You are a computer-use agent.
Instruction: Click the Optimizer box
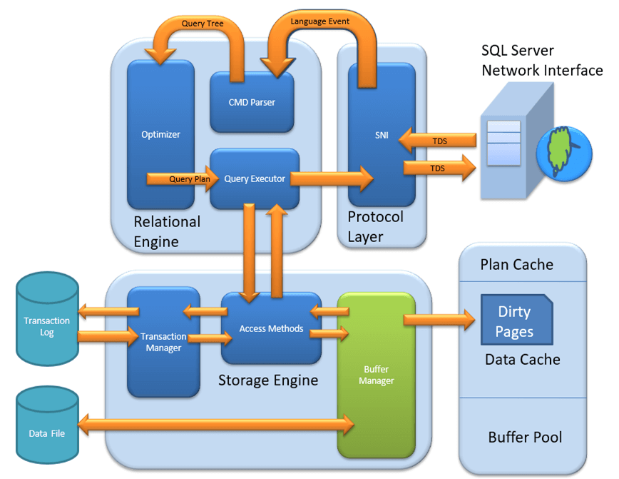pos(160,134)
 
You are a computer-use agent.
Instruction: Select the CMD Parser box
pos(251,102)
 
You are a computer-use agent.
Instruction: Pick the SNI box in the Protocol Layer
pos(382,135)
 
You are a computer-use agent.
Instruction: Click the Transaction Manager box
pos(163,342)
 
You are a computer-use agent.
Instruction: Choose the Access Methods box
pos(271,328)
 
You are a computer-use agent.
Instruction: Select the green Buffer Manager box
pos(376,375)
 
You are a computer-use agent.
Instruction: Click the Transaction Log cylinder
pos(47,326)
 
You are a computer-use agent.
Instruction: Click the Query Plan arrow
pos(181,178)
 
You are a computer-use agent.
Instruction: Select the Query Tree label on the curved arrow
pos(203,24)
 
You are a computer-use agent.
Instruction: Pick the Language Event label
pos(320,21)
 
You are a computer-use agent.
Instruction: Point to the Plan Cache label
pos(516,264)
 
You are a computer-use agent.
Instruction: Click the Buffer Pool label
pos(525,437)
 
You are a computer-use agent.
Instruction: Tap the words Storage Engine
pos(268,380)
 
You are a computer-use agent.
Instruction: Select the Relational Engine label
pos(167,231)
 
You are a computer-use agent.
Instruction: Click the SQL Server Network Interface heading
pos(542,61)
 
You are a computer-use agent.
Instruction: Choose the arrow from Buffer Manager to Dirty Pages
pos(439,319)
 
